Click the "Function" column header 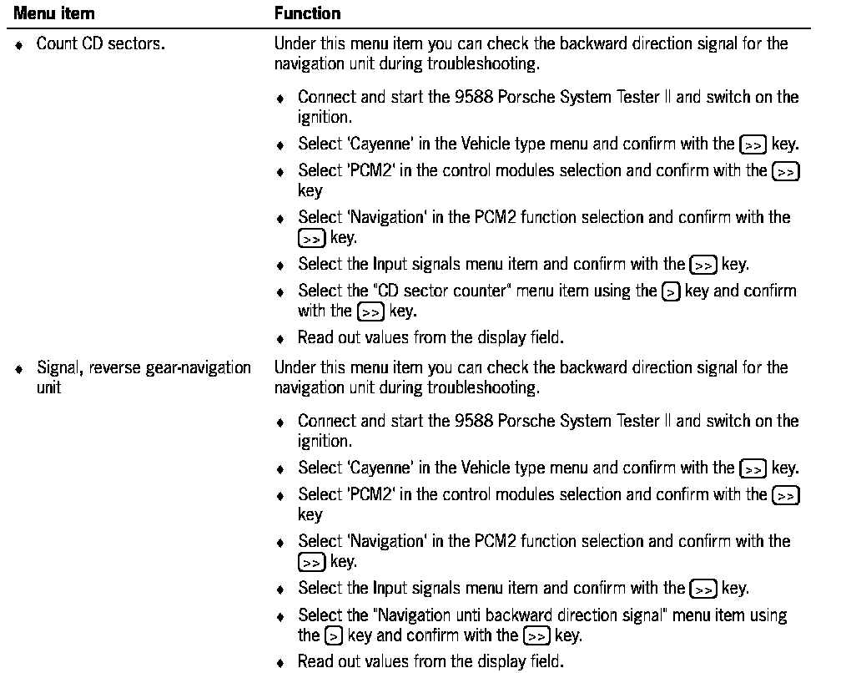click(x=307, y=13)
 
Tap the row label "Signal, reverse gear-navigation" click(x=144, y=367)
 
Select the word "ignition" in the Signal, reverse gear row click(x=320, y=440)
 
